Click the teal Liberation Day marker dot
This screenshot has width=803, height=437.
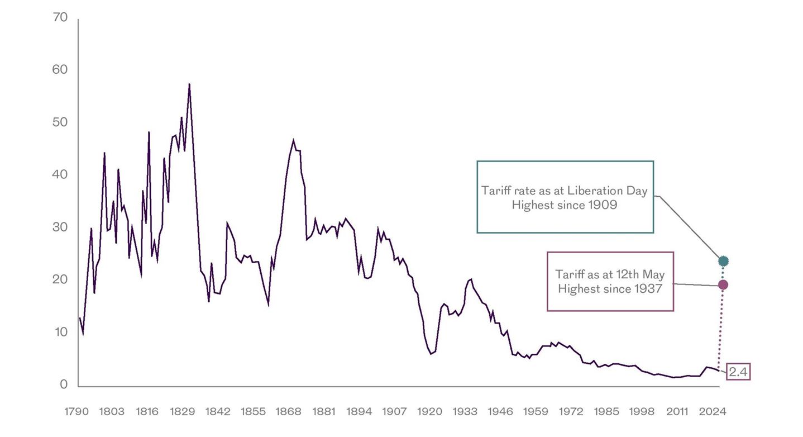[723, 260]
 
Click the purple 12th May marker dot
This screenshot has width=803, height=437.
[723, 285]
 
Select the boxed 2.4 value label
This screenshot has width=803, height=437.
[738, 372]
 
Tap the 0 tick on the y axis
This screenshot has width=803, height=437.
[64, 384]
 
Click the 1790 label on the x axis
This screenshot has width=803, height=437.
[77, 412]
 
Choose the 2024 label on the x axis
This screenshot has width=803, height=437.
[713, 412]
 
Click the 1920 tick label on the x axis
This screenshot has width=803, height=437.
[430, 412]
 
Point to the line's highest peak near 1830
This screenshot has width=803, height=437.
[189, 84]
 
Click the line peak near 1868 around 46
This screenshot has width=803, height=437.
[294, 140]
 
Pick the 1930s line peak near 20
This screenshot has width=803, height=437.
[471, 279]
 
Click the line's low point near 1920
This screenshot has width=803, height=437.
[431, 354]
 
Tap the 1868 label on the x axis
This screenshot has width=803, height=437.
[289, 412]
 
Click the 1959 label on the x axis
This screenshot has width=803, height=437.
[536, 412]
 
